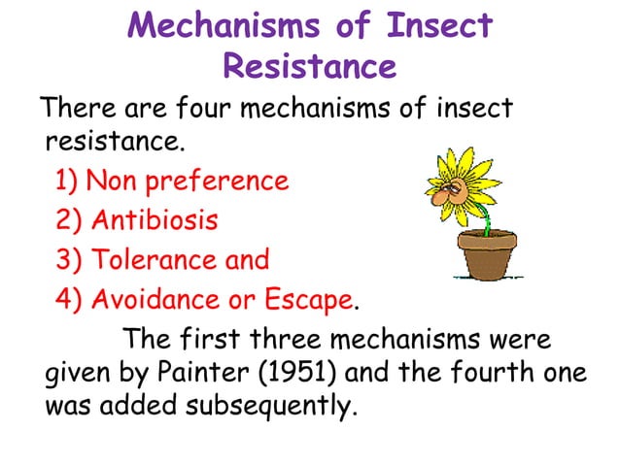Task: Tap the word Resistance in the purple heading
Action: click(x=309, y=66)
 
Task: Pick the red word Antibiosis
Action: click(x=155, y=220)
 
